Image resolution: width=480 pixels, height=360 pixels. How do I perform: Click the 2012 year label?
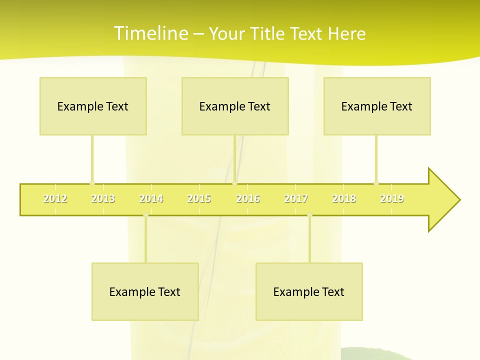[x=55, y=199]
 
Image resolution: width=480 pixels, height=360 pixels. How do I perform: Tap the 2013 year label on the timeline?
[x=103, y=199]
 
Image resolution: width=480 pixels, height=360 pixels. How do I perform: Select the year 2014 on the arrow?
[x=151, y=199]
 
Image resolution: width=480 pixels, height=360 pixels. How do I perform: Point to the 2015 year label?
[x=199, y=199]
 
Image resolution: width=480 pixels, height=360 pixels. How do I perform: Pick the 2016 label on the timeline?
[x=248, y=199]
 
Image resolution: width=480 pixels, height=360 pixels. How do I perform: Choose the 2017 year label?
[x=296, y=199]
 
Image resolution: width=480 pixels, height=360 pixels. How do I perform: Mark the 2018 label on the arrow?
[x=344, y=199]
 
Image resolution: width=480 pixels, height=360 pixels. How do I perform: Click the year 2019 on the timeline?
[x=392, y=199]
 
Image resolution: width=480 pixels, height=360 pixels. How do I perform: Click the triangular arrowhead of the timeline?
[x=442, y=200]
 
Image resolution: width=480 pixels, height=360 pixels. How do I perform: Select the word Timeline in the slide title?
[x=150, y=33]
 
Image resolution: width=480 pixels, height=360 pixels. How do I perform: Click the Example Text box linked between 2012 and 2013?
[x=93, y=106]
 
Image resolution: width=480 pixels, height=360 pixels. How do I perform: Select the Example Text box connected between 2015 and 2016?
[x=235, y=106]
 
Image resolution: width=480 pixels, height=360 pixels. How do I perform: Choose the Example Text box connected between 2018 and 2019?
[x=377, y=106]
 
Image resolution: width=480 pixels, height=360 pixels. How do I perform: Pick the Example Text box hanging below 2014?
[x=145, y=291]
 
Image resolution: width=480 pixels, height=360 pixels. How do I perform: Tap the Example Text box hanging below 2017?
[x=309, y=291]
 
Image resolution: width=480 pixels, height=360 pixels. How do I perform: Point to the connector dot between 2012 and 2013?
[x=92, y=183]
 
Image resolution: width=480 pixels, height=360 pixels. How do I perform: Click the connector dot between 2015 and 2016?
[x=235, y=183]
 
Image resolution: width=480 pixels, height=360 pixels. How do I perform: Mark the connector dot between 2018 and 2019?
[x=376, y=183]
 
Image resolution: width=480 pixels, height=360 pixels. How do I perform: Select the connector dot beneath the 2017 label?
[x=309, y=215]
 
